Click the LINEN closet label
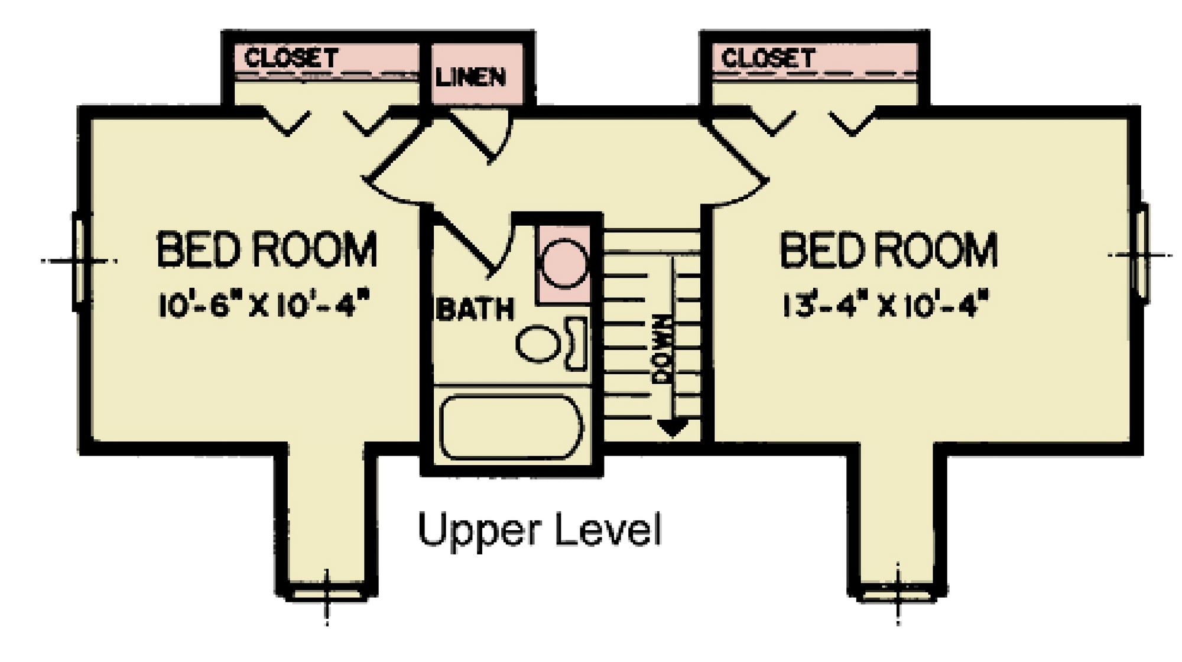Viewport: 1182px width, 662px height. pyautogui.click(x=470, y=77)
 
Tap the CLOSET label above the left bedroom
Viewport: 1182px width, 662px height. pyautogui.click(x=291, y=58)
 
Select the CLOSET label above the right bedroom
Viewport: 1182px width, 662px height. pyautogui.click(x=768, y=58)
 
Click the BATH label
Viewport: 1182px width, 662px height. pyautogui.click(x=475, y=309)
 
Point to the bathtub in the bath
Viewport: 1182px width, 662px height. pyautogui.click(x=512, y=427)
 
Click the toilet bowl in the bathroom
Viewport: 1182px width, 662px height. pyautogui.click(x=538, y=344)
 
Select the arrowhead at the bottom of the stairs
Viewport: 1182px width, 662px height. pyautogui.click(x=673, y=427)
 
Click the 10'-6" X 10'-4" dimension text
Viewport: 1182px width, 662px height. pyautogui.click(x=264, y=306)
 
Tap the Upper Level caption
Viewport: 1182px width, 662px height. pyautogui.click(x=540, y=530)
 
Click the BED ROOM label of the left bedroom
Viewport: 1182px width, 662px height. pyautogui.click(x=267, y=249)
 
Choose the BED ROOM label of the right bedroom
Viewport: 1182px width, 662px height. pyautogui.click(x=888, y=249)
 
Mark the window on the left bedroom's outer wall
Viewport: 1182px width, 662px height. pyautogui.click(x=79, y=261)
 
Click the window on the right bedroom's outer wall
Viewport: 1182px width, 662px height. pyautogui.click(x=1144, y=254)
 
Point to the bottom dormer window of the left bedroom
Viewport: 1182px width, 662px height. pyautogui.click(x=327, y=594)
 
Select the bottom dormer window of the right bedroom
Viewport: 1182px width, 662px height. pyautogui.click(x=898, y=594)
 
